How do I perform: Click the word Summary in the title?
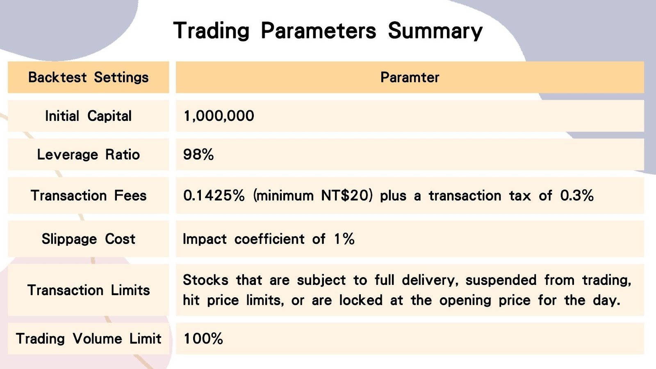pos(435,31)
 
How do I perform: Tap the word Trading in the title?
pos(212,31)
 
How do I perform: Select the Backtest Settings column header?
pos(88,77)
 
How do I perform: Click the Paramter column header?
pos(410,77)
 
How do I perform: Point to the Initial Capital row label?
pos(88,116)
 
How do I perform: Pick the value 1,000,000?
pos(219,116)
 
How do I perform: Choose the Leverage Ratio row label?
pos(88,155)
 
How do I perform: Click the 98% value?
pos(198,155)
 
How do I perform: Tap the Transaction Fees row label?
pos(88,196)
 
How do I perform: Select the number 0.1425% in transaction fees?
pos(214,196)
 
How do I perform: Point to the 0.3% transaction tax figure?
pos(577,196)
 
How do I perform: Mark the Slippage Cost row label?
pos(88,239)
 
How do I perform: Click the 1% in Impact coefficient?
pos(344,239)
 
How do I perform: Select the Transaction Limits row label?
pos(88,290)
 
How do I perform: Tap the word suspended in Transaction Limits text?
pos(501,280)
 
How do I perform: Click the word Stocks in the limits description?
pos(205,280)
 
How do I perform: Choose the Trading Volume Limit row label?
pos(88,339)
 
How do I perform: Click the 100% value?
pos(203,339)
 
